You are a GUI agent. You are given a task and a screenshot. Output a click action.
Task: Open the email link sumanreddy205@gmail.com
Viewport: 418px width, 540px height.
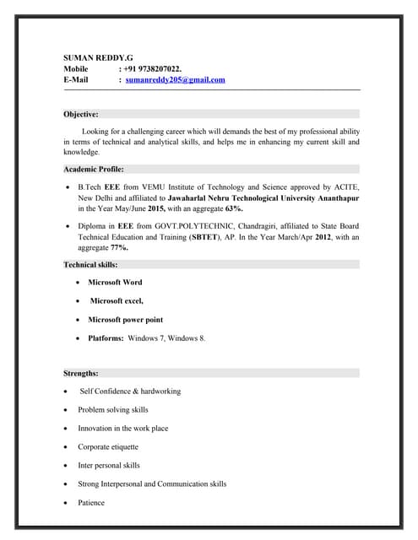point(176,79)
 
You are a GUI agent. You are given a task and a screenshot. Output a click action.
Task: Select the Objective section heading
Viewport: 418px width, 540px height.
point(81,113)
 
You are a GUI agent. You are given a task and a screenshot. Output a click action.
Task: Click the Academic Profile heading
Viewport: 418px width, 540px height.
point(94,169)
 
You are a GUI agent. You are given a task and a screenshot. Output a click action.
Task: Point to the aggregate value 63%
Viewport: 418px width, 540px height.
point(234,208)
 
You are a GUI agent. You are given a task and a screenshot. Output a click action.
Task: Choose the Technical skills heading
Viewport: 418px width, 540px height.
point(91,264)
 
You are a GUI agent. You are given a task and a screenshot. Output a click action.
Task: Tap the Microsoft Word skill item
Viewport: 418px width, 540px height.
point(115,282)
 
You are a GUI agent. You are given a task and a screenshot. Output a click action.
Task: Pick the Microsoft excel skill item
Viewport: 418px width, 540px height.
point(117,300)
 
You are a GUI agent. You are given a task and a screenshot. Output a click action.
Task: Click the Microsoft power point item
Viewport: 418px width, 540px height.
point(125,320)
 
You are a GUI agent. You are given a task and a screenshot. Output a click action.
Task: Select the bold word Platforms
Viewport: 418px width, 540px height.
point(106,338)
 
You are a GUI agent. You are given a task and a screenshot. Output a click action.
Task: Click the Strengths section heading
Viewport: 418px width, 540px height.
point(81,372)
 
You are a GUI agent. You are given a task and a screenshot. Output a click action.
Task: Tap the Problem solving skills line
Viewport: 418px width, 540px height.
point(113,409)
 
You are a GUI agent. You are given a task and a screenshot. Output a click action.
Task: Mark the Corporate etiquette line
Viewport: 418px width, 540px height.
point(108,446)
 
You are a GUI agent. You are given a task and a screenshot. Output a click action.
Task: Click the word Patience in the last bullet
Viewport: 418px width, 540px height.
point(91,503)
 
